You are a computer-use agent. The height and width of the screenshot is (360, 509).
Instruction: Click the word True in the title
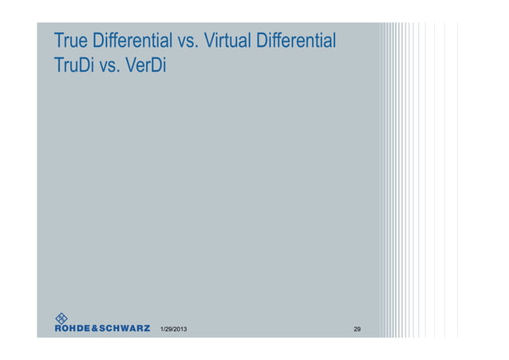click(x=70, y=40)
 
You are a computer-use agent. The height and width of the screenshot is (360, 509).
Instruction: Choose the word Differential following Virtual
click(x=295, y=40)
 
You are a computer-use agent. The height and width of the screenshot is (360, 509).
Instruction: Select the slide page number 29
click(x=357, y=329)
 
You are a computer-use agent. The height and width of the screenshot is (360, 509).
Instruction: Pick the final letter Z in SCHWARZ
click(x=146, y=328)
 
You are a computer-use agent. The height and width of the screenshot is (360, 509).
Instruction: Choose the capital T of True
click(x=57, y=40)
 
